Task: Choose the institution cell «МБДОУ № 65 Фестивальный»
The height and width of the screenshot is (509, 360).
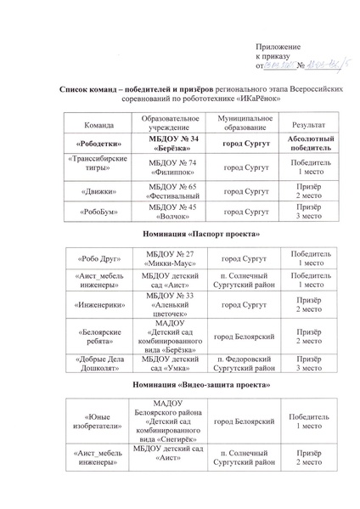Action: pyautogui.click(x=172, y=188)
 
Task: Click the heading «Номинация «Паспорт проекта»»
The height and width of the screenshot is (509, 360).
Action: pyautogui.click(x=179, y=232)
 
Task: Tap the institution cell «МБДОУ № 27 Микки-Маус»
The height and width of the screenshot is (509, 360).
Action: pyautogui.click(x=172, y=257)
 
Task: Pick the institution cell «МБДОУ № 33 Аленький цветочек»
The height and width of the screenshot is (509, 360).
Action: pyautogui.click(x=172, y=303)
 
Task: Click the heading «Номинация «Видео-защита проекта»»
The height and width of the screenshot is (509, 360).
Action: pyautogui.click(x=179, y=388)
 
